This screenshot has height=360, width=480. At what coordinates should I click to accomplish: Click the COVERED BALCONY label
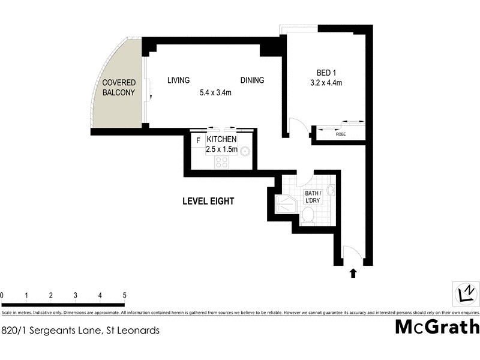point(118,88)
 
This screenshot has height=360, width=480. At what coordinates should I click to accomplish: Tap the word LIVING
point(178,80)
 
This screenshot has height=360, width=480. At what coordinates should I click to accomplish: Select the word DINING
point(252,80)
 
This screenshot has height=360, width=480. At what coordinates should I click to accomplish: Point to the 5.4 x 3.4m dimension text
point(215,93)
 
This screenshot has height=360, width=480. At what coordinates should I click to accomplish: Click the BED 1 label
point(326,70)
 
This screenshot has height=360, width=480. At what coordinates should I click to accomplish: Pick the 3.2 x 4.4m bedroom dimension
point(326,83)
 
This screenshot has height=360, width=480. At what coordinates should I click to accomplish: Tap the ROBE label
point(340,135)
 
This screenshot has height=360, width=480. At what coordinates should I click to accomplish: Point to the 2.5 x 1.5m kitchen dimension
point(222,149)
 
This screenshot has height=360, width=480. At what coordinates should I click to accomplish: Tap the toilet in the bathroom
point(308,215)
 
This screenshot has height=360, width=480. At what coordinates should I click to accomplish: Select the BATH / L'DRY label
point(313,197)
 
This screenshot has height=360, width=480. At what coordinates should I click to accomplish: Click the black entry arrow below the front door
point(353,274)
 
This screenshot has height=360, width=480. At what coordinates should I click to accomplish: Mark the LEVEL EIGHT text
point(208,202)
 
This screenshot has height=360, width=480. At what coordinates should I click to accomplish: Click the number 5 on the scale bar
point(124,295)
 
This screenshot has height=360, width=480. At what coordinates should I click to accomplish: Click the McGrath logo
point(437,327)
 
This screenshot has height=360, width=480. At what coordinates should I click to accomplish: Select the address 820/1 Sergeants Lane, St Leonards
point(80,329)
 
